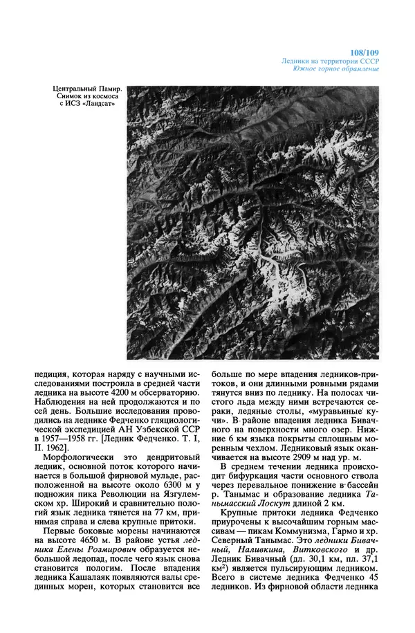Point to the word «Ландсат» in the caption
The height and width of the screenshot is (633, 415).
[x=98, y=105]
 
